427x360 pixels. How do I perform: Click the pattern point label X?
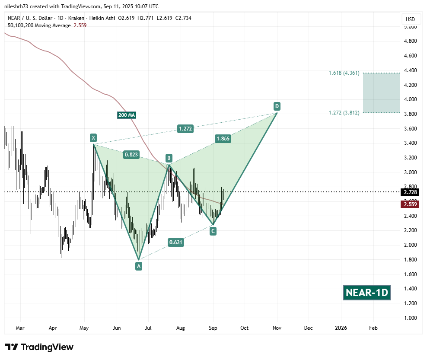point(93,138)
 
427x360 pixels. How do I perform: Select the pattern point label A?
point(139,266)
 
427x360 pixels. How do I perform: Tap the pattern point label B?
point(169,158)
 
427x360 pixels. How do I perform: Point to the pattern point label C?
point(213,231)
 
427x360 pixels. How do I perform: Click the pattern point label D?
point(277,106)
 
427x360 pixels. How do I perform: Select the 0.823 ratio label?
point(131,154)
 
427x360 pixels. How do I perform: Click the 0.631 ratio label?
point(176,242)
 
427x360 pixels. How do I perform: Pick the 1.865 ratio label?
point(223,139)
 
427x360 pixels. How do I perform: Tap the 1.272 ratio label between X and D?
point(185,128)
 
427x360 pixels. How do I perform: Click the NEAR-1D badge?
point(367,293)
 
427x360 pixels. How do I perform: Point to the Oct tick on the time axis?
point(245,328)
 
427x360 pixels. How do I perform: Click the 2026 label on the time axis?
point(341,328)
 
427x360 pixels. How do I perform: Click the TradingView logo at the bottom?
point(39,347)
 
